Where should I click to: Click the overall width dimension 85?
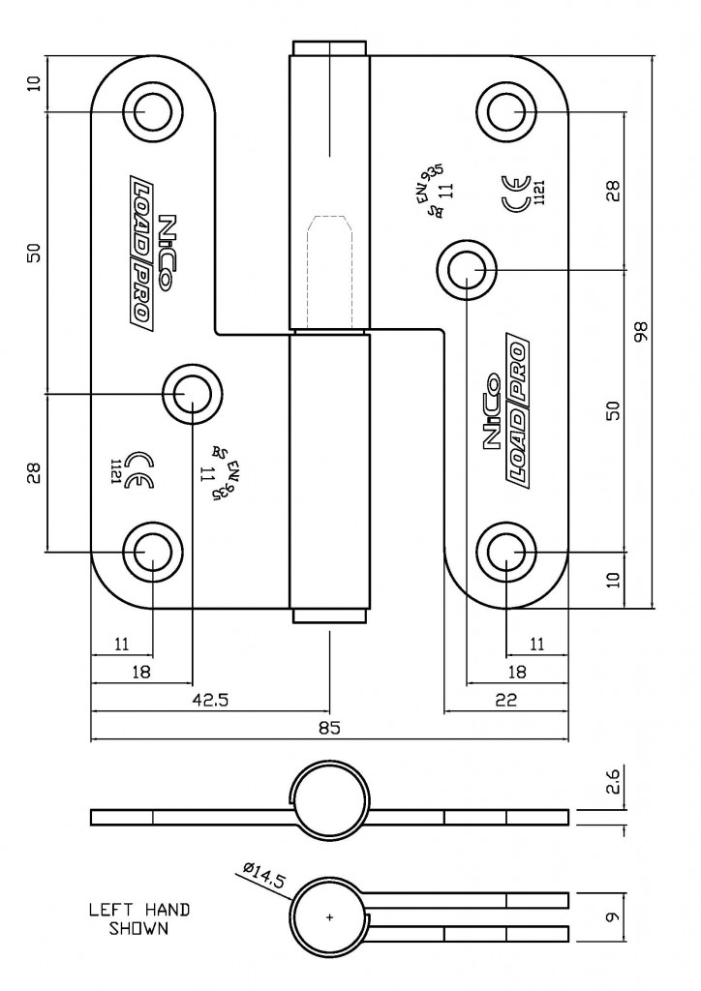click(329, 728)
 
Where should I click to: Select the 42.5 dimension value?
click(210, 700)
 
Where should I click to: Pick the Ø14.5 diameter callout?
click(259, 878)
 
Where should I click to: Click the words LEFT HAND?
click(139, 910)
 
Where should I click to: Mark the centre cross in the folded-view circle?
click(330, 916)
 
